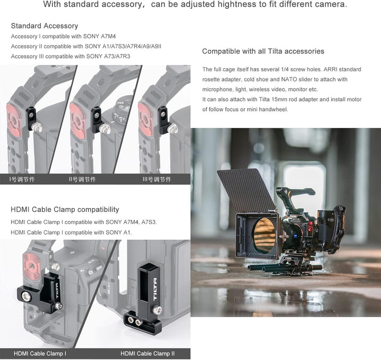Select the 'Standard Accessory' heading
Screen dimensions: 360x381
(44, 26)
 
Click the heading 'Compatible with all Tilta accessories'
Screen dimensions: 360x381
(263, 51)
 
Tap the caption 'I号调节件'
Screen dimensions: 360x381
(22, 179)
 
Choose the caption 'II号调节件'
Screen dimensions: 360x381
(83, 179)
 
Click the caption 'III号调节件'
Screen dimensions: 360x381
(157, 179)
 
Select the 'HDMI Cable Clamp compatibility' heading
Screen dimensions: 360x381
(65, 210)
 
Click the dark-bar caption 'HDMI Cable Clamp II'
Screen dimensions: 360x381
(148, 354)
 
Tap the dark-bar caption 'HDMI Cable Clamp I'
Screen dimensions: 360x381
(40, 354)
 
